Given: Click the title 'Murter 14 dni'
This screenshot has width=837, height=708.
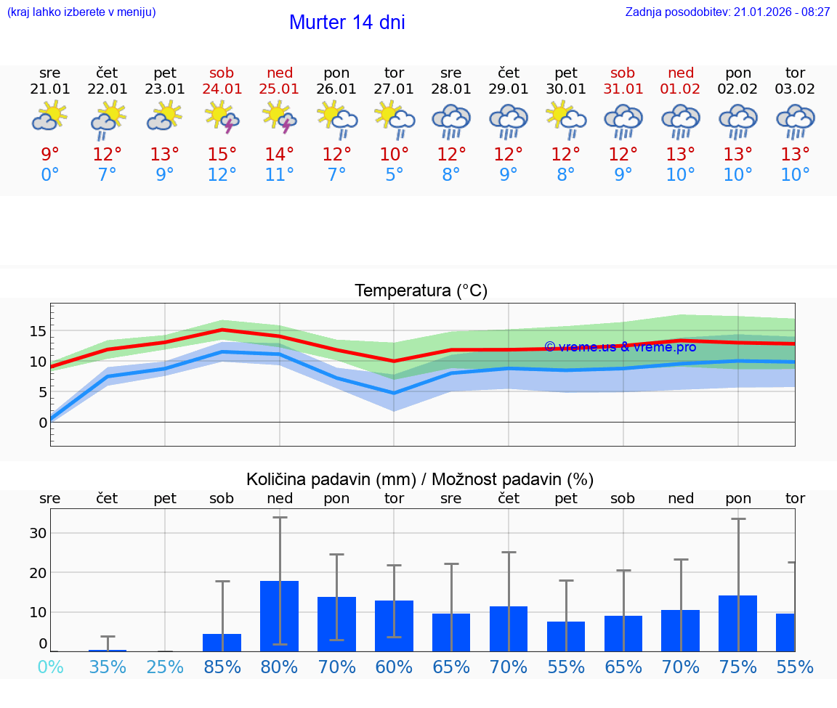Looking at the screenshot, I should pyautogui.click(x=347, y=23).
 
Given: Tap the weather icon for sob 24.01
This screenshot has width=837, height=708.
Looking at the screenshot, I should pyautogui.click(x=222, y=118).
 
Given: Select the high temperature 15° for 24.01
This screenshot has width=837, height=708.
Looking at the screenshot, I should pyautogui.click(x=222, y=155).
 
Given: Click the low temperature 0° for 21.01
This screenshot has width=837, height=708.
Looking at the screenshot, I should pyautogui.click(x=50, y=175).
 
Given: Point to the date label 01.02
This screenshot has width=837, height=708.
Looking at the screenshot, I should pyautogui.click(x=681, y=89).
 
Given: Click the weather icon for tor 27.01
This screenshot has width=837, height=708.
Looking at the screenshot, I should pyautogui.click(x=395, y=118).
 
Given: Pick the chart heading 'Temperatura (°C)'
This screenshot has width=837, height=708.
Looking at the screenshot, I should pyautogui.click(x=421, y=291).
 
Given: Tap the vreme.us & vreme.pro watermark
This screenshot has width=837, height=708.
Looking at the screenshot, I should pyautogui.click(x=620, y=347).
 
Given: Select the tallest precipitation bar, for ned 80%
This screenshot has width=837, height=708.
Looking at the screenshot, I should pyautogui.click(x=280, y=616).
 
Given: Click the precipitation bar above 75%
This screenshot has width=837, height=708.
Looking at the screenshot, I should pyautogui.click(x=737, y=623).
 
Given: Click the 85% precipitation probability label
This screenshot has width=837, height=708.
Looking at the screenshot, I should pyautogui.click(x=222, y=667).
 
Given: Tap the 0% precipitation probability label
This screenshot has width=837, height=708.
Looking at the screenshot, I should pyautogui.click(x=50, y=667).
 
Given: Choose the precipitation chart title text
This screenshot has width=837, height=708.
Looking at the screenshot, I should pyautogui.click(x=420, y=479).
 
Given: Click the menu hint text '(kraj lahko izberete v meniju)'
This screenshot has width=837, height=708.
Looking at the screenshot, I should pyautogui.click(x=81, y=12).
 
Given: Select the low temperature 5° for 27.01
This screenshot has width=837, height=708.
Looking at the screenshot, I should pyautogui.click(x=395, y=175).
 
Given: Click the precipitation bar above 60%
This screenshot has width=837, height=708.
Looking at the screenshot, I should pyautogui.click(x=395, y=625).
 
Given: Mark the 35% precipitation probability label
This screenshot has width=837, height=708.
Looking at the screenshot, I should pyautogui.click(x=108, y=667).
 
